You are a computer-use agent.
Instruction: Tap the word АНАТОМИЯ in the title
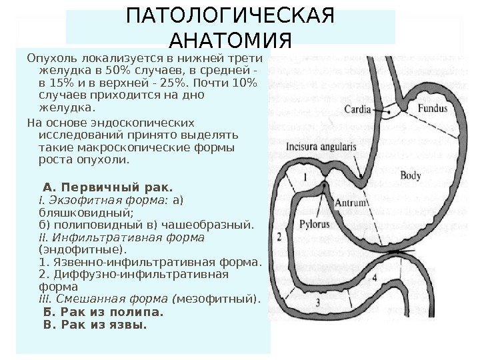[x=231, y=41]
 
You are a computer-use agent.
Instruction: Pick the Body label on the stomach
[x=411, y=175]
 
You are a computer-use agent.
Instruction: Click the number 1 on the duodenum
[x=305, y=177]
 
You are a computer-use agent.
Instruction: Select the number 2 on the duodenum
[x=278, y=236]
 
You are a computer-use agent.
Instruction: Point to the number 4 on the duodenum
[x=375, y=276]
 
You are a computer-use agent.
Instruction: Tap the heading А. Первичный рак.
[x=107, y=185]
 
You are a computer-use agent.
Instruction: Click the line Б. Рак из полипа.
[x=103, y=312]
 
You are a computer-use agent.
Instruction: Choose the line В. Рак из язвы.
[x=94, y=325]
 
